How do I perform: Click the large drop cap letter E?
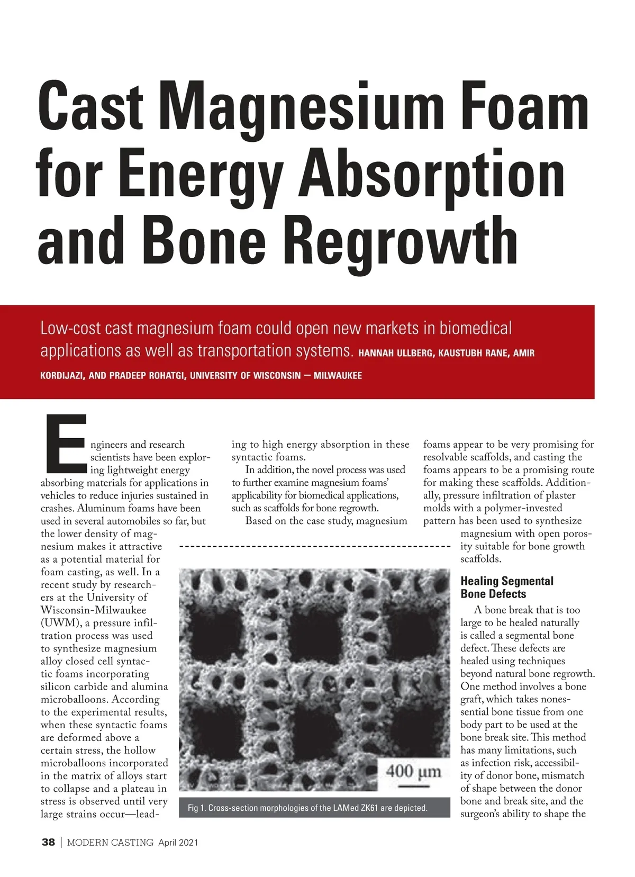66,444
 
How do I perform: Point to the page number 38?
48,843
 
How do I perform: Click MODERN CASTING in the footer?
110,843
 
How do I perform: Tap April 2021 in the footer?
178,843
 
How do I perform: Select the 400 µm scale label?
413,771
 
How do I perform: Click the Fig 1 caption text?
307,808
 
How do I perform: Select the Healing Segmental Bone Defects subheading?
506,587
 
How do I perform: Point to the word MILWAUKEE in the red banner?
338,376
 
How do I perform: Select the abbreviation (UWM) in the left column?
58,623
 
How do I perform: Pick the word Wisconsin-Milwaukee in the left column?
94,610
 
